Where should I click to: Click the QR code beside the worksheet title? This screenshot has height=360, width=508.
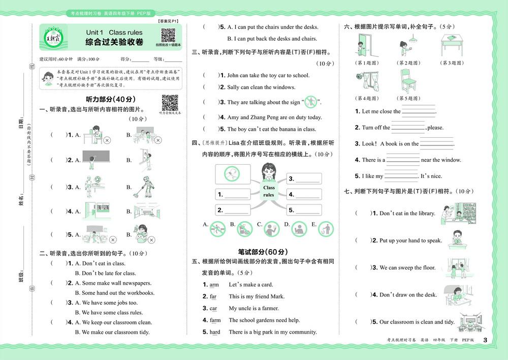168,36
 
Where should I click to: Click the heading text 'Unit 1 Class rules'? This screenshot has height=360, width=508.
114,33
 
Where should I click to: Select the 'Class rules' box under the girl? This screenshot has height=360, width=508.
269,191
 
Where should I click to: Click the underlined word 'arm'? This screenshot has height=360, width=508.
214,285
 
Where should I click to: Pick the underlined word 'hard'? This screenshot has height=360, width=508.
215,332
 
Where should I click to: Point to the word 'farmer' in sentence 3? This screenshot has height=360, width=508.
270,308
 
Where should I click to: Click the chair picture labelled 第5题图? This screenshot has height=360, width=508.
408,81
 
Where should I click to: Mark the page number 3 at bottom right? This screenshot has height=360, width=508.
485,340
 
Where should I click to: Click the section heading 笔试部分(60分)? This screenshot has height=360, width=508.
263,252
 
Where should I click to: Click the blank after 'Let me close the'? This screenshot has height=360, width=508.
419,112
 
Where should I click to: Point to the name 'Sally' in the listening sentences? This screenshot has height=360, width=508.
233,87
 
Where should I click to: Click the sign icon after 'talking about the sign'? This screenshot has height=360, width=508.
310,102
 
